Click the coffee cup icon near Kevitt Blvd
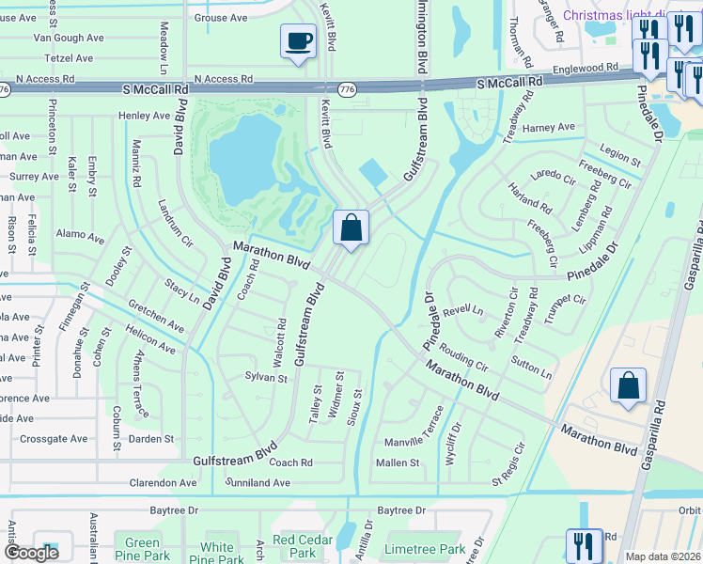coord(299,41)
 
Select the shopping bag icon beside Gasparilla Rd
coord(628,385)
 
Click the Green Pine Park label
coord(142,548)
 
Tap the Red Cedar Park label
coord(303,546)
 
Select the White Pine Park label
coord(217,553)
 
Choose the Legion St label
coord(619,151)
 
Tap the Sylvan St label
coord(265,378)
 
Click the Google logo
coord(31,553)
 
